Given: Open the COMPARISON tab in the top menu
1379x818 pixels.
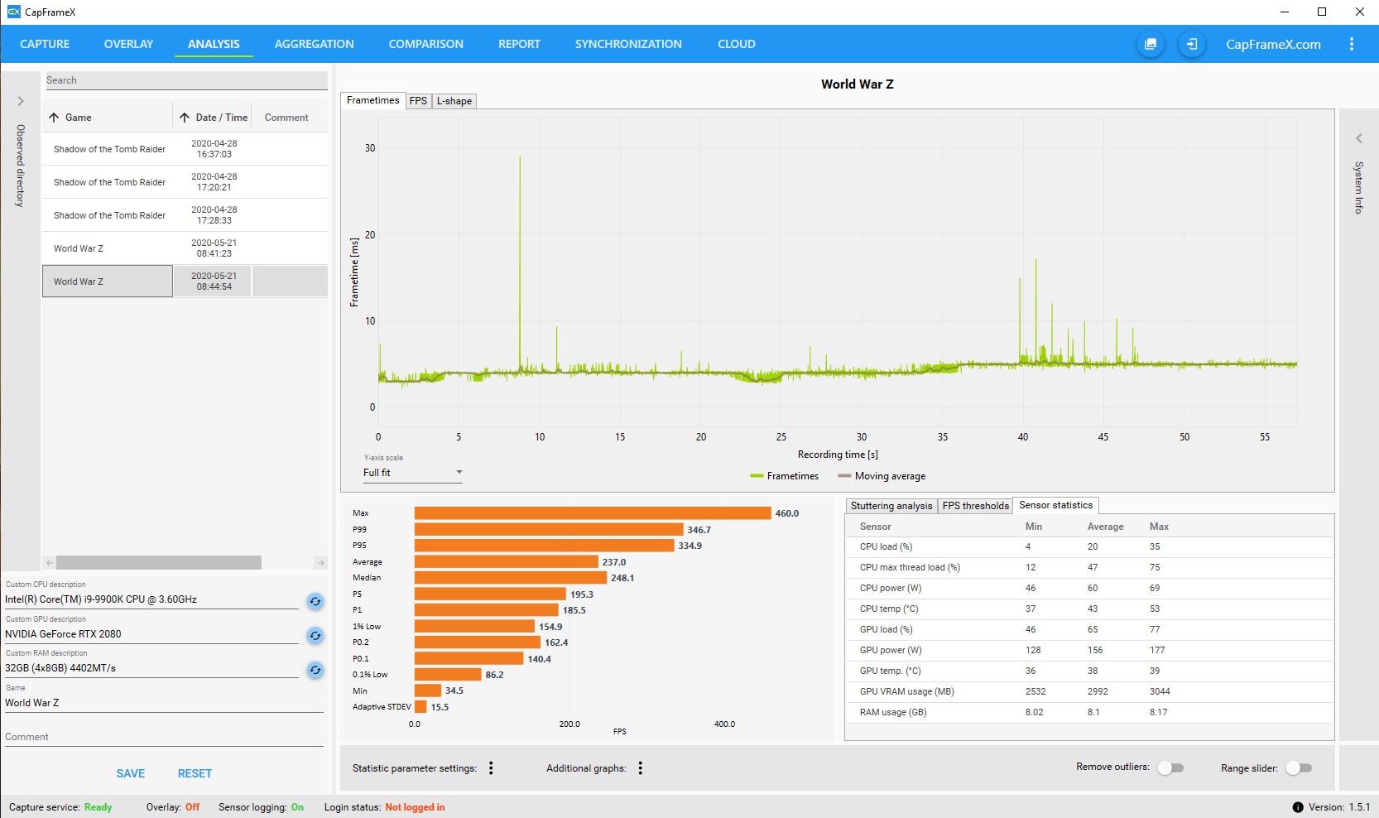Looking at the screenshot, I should click(x=425, y=44).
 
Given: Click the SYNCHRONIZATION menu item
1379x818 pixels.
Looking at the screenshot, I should click(x=628, y=44).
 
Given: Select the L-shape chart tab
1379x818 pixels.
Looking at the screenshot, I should click(x=454, y=101).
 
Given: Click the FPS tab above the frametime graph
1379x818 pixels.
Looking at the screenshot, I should click(x=418, y=101).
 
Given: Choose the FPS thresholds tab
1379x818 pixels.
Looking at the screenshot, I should click(x=975, y=506).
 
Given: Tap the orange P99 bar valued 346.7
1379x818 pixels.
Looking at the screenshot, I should click(x=549, y=529).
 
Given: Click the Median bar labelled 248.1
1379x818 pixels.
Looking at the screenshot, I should click(x=511, y=578).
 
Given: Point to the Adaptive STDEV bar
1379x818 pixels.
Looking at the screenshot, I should click(x=420, y=707).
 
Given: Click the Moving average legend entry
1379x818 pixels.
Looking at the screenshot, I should click(x=882, y=476).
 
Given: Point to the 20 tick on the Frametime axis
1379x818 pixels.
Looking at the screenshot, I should click(x=370, y=235).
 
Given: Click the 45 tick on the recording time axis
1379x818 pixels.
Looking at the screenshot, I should click(x=1103, y=437).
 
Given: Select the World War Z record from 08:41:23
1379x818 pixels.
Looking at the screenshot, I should click(x=108, y=248).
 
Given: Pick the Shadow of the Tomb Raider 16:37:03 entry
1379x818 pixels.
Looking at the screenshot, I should click(x=109, y=149).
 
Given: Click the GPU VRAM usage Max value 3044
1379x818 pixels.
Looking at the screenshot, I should click(x=1160, y=691).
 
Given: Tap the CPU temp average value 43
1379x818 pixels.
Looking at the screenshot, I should click(x=1093, y=609).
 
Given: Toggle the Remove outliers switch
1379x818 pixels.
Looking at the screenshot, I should click(x=1170, y=767).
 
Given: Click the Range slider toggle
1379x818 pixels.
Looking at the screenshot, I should click(x=1299, y=767).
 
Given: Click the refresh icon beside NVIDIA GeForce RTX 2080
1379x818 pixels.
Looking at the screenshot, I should click(x=315, y=636).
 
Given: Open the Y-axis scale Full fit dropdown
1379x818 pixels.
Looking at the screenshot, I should click(x=412, y=473).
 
